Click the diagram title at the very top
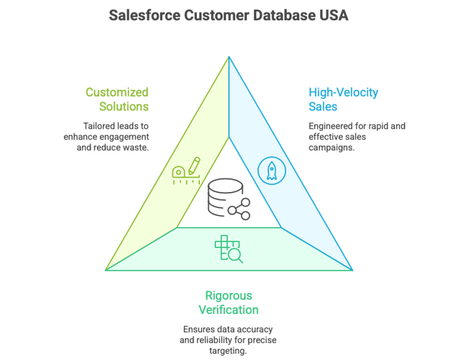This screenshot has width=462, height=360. (x=230, y=15)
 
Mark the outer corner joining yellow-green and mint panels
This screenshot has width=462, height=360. (x=107, y=269)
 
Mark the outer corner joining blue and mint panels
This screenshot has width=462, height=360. (x=352, y=269)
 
